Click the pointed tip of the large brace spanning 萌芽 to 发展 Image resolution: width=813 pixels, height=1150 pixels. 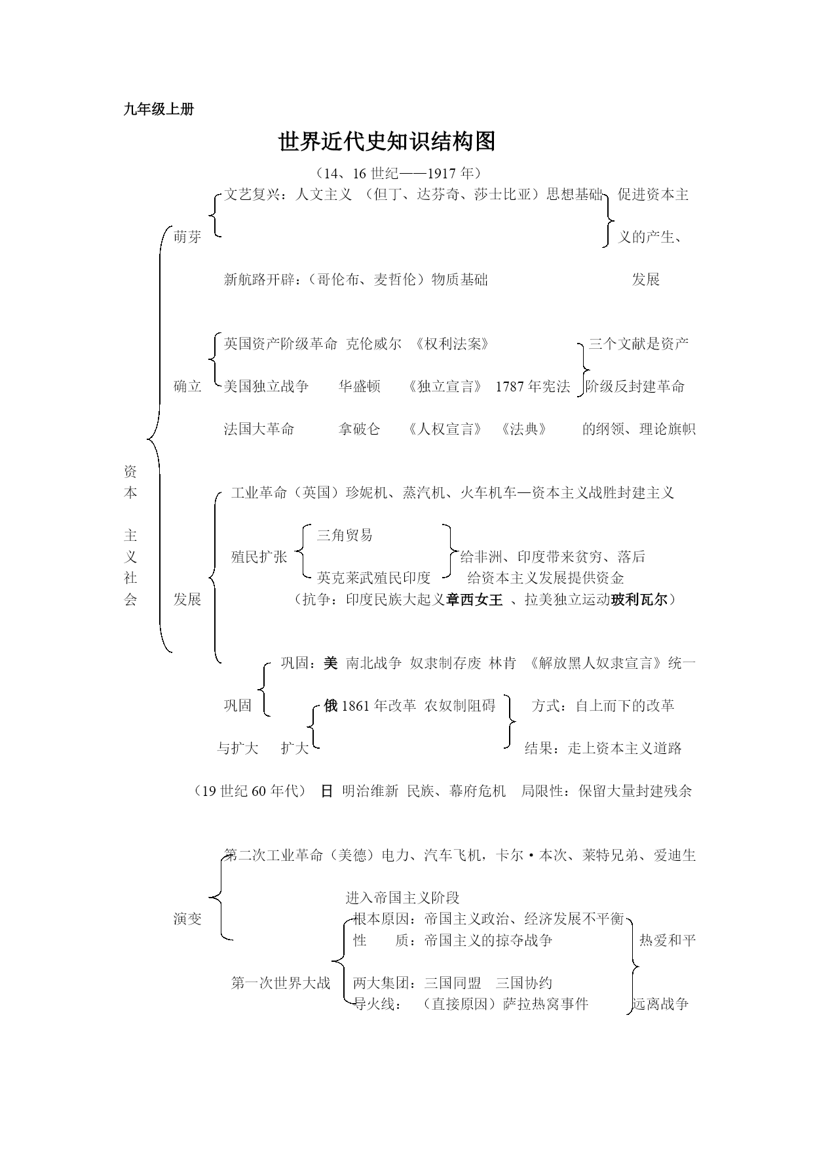(148, 439)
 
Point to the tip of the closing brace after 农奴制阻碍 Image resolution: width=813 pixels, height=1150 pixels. (516, 721)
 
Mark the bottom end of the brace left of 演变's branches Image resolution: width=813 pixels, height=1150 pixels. (233, 940)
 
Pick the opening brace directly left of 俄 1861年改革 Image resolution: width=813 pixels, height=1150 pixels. (314, 726)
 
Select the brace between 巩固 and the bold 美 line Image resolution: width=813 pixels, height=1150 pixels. (263, 688)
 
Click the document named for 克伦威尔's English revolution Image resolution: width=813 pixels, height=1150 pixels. (453, 344)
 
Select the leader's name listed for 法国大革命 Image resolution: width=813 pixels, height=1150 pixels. (360, 429)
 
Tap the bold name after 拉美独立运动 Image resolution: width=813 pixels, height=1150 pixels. (639, 599)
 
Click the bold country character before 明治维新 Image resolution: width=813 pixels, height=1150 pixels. (326, 791)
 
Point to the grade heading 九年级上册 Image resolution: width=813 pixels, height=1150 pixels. (159, 110)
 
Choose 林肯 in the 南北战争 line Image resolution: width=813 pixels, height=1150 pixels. (502, 664)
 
